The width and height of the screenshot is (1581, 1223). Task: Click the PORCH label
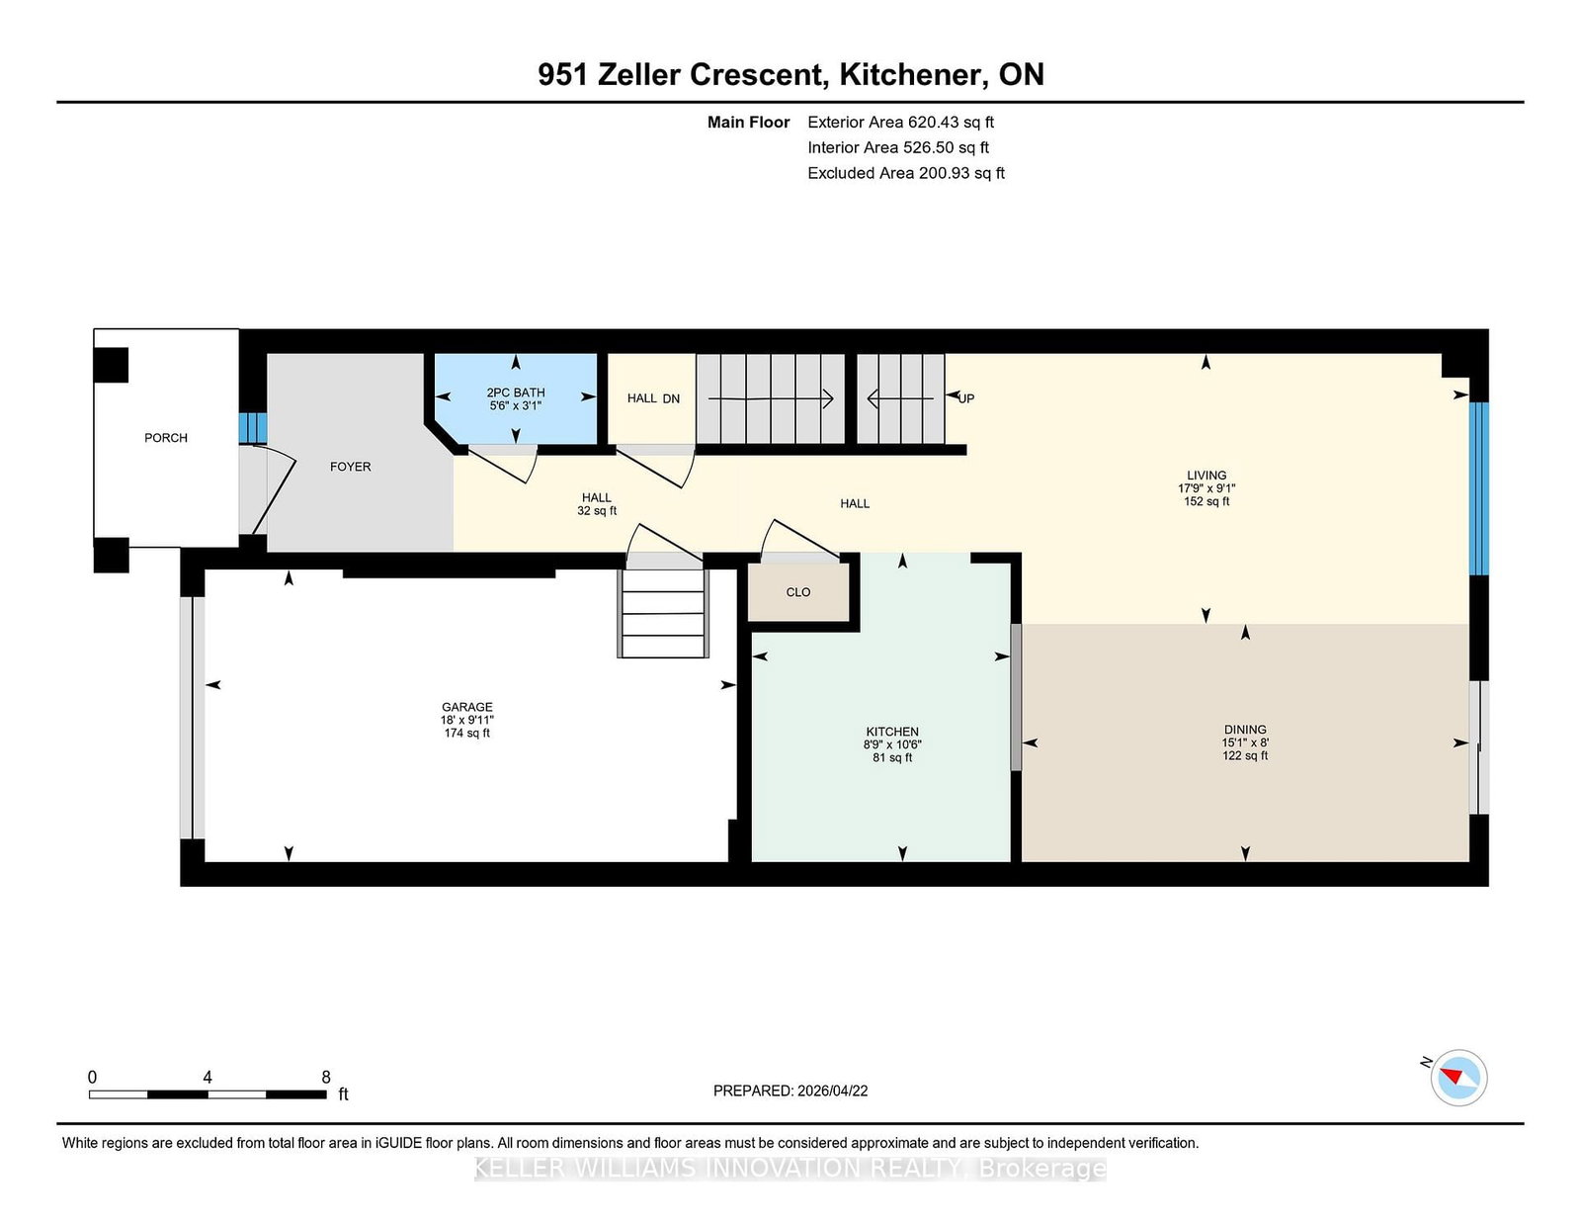[165, 438]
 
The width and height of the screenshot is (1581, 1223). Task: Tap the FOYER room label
[350, 467]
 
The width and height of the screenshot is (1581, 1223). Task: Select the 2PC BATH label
[515, 393]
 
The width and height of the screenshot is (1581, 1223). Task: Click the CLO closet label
[797, 592]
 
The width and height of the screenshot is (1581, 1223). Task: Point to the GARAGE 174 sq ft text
[466, 733]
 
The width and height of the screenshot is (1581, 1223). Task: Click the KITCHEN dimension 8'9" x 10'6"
[892, 744]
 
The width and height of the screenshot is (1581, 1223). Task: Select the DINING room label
[1244, 730]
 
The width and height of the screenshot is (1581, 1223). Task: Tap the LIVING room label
[1206, 476]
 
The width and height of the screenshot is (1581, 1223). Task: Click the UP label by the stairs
[965, 398]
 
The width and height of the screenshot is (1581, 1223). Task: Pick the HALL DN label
[653, 398]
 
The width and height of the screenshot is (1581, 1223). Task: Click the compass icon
[1458, 1077]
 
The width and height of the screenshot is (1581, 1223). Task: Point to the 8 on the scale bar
[326, 1078]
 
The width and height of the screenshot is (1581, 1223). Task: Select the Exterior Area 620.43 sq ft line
[900, 123]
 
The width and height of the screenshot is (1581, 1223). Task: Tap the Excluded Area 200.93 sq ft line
[905, 173]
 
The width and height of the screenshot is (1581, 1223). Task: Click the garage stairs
[663, 613]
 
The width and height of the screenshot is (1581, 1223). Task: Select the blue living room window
[1478, 488]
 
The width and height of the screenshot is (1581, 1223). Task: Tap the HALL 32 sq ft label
[596, 504]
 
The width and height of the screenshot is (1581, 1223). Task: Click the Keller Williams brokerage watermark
[790, 1169]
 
